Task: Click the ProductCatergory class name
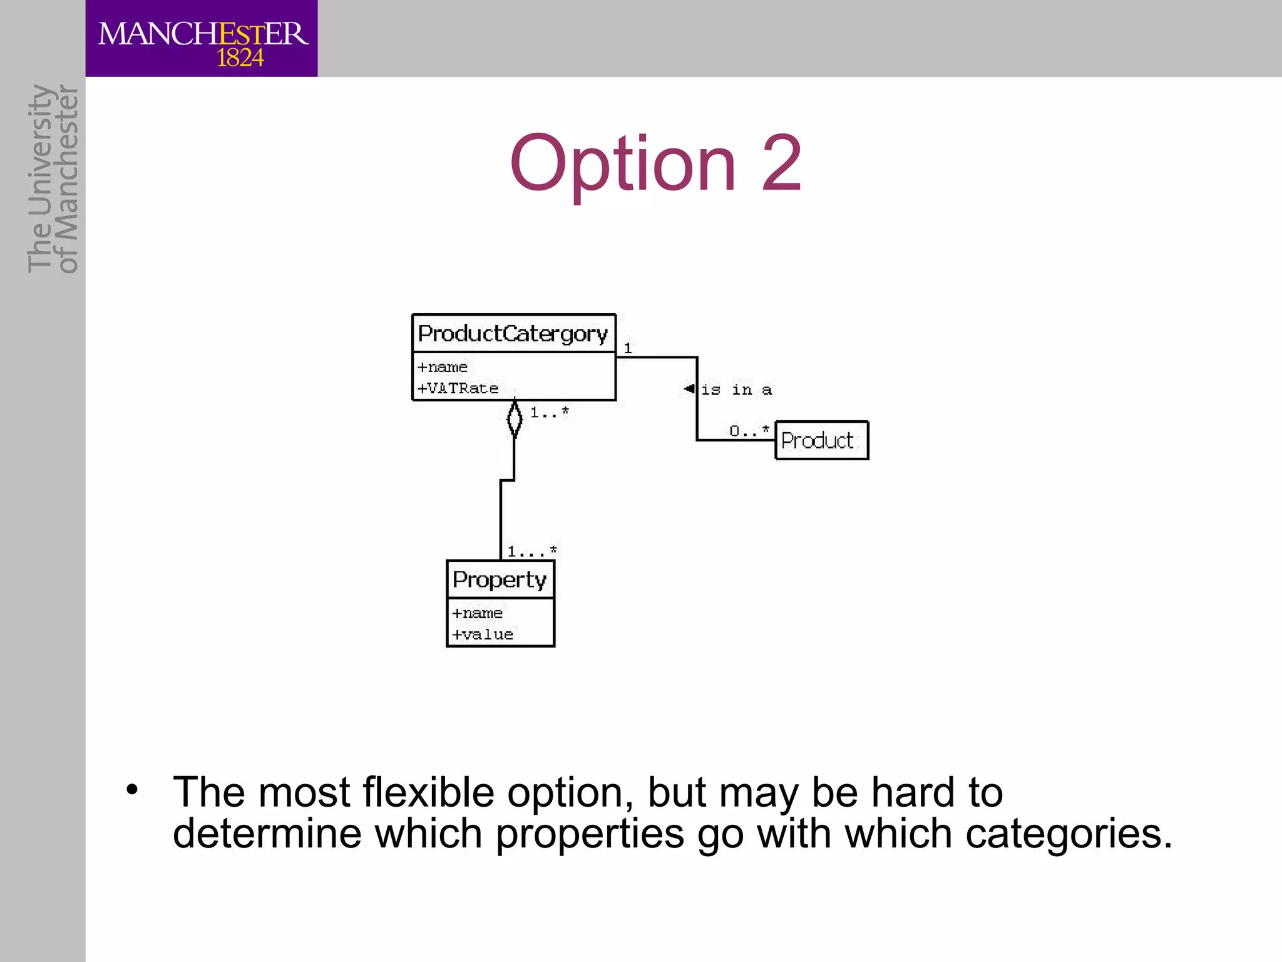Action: coord(513,334)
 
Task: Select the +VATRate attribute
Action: coord(458,388)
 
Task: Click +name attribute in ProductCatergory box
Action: coord(443,367)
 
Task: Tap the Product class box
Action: coord(821,440)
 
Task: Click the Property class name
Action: coord(500,580)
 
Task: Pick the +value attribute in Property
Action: coord(483,634)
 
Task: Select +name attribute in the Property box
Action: coord(477,613)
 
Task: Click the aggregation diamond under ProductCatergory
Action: coord(514,418)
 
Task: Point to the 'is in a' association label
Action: coord(737,390)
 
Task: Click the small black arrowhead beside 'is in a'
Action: coord(689,388)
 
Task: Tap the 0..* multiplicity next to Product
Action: coord(749,430)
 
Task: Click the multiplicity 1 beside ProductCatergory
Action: coord(628,348)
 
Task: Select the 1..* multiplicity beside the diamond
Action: coord(549,412)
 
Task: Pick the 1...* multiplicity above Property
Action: coord(531,551)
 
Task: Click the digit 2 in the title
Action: coord(781,163)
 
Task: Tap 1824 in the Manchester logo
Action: coord(240,58)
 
